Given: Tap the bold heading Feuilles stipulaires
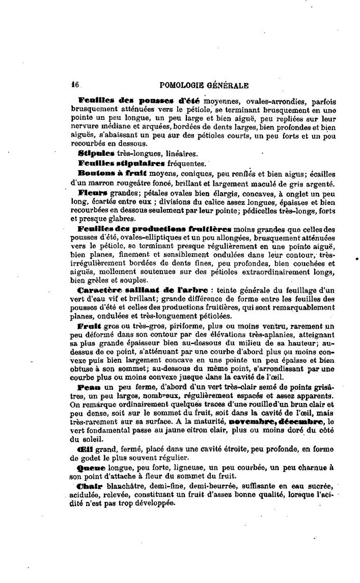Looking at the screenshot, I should pyautogui.click(x=121, y=163).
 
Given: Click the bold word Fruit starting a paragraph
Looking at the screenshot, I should pyautogui.click(x=90, y=325).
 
